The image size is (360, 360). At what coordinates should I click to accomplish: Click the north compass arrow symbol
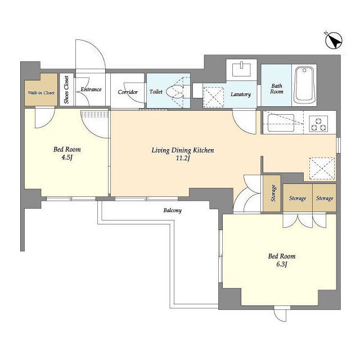click(x=334, y=41)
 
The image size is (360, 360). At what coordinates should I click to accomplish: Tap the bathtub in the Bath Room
click(x=304, y=85)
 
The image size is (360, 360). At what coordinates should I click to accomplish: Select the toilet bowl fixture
click(x=175, y=92)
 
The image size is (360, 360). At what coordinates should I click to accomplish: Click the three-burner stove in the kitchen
click(x=318, y=124)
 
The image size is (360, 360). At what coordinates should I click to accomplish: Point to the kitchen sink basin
click(x=281, y=123)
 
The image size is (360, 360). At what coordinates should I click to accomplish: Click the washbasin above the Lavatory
click(x=241, y=69)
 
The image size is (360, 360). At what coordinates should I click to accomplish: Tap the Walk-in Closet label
click(x=41, y=93)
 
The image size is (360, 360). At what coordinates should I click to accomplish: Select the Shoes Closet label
click(x=66, y=90)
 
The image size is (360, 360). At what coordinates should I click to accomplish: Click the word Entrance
click(x=91, y=89)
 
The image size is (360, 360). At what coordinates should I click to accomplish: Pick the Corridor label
click(x=128, y=92)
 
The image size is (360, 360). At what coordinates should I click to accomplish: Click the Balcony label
click(x=173, y=210)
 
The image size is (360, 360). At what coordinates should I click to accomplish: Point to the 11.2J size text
click(x=183, y=158)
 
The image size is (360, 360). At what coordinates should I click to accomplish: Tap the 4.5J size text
click(x=67, y=157)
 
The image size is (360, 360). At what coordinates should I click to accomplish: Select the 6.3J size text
click(x=282, y=264)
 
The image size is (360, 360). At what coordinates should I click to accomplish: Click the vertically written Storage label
click(x=273, y=193)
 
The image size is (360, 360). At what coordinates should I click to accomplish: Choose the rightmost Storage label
click(x=325, y=198)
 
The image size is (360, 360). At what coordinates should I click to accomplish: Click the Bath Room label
click(x=277, y=89)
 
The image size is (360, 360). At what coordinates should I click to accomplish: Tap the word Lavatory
click(x=241, y=94)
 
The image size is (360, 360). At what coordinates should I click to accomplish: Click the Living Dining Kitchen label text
click(x=183, y=150)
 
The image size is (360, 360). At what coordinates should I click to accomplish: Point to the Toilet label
click(x=156, y=92)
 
